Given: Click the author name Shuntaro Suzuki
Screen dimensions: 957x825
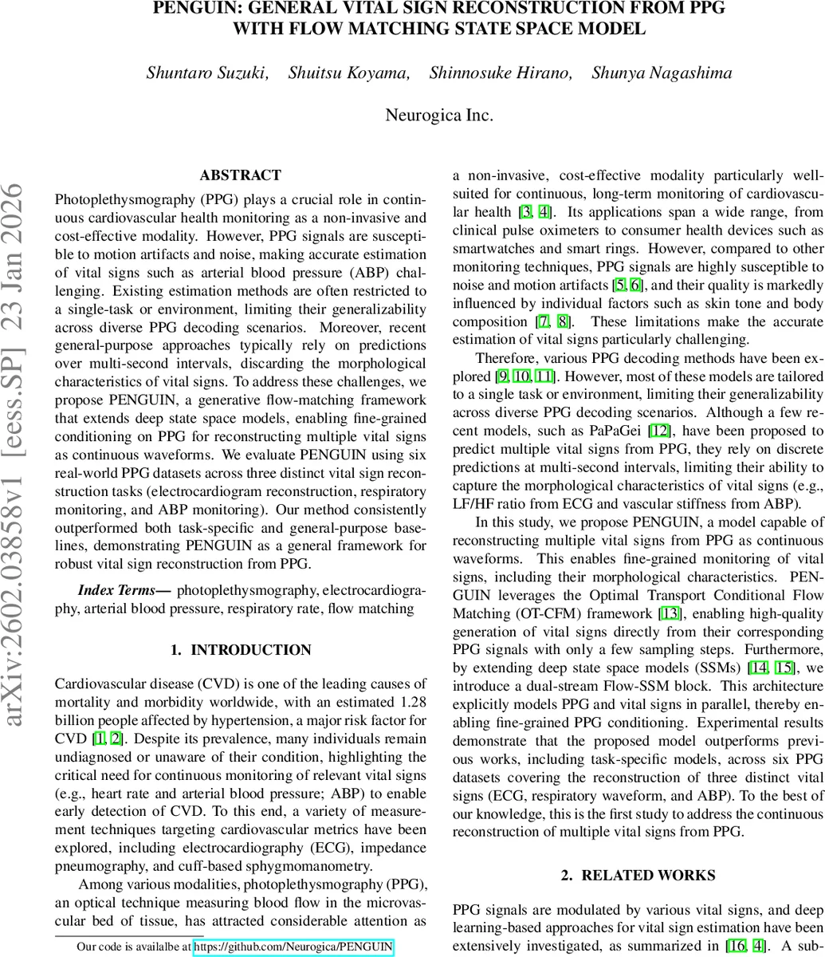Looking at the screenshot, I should pos(206,73).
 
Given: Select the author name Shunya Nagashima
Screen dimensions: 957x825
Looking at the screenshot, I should pos(662,73).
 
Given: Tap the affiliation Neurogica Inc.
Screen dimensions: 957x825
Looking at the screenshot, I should pos(439,115).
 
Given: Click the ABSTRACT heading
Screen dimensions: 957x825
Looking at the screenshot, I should pos(240,175).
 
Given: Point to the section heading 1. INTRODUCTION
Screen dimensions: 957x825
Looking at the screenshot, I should pos(240,650).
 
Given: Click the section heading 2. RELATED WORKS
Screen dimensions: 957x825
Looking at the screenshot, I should pos(638,875).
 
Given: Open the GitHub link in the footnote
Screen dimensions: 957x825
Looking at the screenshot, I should pos(293,947).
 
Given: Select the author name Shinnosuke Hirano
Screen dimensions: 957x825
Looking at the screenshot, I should pos(500,73).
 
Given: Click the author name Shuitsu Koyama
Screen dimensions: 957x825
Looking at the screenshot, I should pos(348,73).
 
